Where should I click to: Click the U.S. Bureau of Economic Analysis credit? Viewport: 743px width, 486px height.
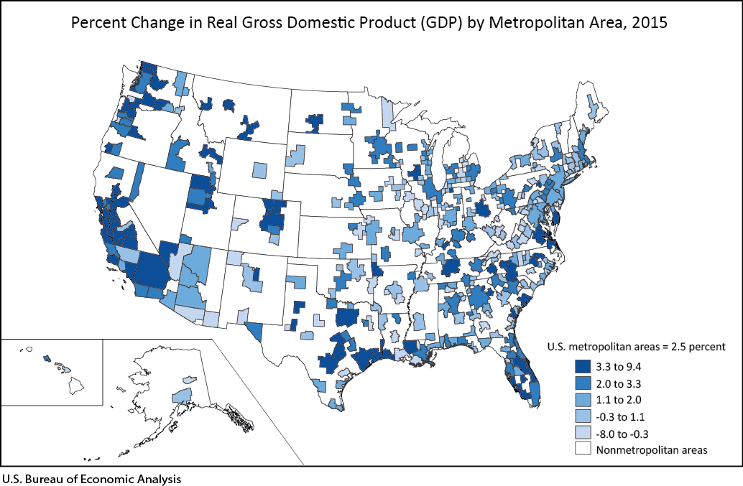91,477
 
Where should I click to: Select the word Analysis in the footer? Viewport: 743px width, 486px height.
157,477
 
